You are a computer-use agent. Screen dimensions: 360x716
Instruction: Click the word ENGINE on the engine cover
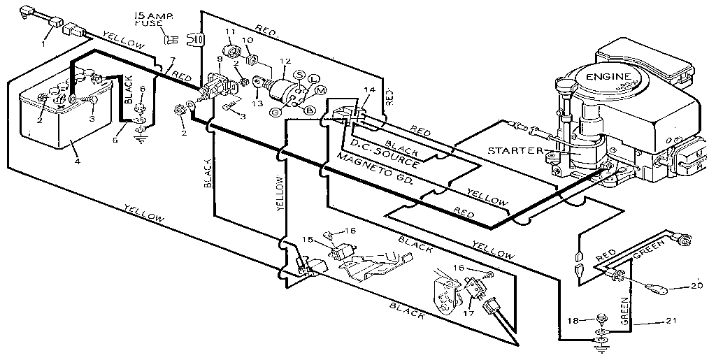[x=608, y=76]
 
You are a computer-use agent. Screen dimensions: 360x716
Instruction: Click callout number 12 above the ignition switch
[x=283, y=61]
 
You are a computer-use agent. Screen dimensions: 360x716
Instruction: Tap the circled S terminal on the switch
[x=299, y=74]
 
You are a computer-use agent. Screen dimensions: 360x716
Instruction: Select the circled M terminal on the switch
[x=321, y=91]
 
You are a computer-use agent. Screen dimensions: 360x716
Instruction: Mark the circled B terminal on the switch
[x=308, y=109]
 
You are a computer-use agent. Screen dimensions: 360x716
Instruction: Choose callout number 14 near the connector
[x=370, y=90]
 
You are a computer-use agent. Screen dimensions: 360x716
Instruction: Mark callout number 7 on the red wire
[x=173, y=60]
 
